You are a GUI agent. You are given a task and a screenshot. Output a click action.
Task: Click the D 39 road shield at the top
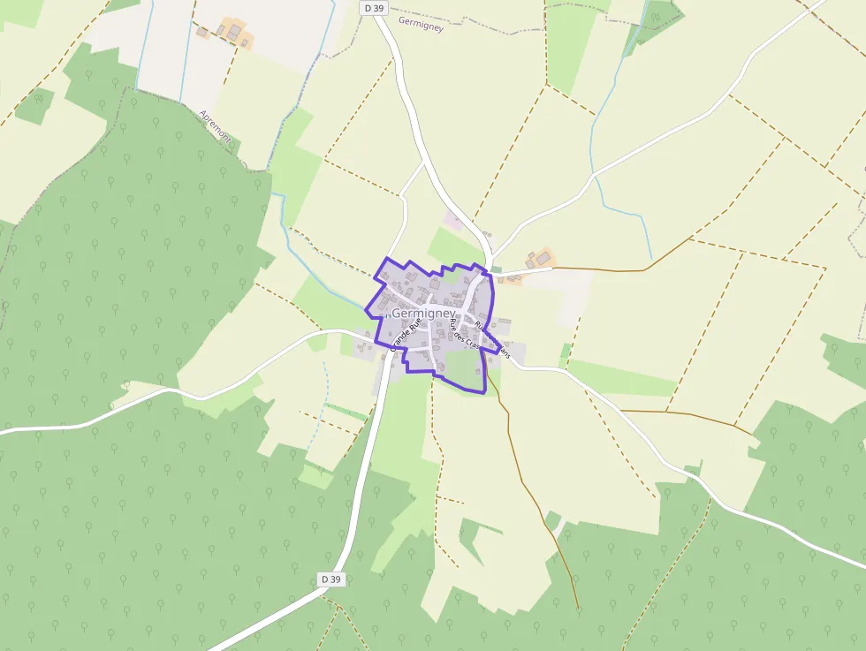click(374, 8)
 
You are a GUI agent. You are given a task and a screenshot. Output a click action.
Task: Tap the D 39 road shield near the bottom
click(330, 579)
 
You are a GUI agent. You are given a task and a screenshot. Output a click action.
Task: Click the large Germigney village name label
click(423, 314)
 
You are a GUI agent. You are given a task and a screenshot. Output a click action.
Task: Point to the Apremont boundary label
click(216, 125)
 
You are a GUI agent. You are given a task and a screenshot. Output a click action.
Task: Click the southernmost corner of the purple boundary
click(484, 391)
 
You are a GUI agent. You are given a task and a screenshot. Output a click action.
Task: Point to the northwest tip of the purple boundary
click(387, 258)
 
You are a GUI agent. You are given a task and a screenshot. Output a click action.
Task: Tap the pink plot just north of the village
click(453, 221)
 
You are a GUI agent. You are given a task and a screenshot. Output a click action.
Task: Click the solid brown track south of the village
click(530, 495)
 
